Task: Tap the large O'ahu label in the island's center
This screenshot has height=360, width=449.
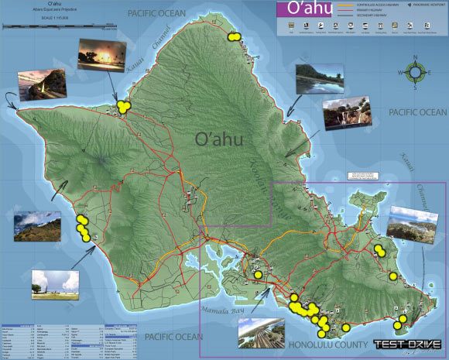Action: tap(220, 139)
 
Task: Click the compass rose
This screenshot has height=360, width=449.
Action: tap(416, 73)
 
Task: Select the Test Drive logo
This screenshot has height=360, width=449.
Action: tap(407, 345)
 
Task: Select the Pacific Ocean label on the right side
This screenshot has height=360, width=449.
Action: tap(418, 113)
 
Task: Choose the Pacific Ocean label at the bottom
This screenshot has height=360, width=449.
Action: tap(172, 337)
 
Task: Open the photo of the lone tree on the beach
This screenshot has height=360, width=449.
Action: tap(55, 284)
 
